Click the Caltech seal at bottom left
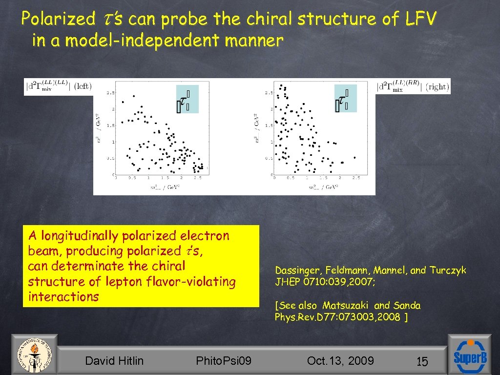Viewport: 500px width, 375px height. coord(33,355)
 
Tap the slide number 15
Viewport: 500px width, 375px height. coord(422,362)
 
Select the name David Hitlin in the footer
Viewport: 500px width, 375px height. coord(114,361)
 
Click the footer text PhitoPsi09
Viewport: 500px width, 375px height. coord(224,361)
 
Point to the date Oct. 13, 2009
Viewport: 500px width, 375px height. coord(340,361)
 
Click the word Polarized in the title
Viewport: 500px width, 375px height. coord(59,19)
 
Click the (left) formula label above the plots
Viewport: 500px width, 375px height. coord(58,87)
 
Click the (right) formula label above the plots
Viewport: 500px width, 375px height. coord(414,86)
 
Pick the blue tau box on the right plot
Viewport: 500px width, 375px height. coord(345,99)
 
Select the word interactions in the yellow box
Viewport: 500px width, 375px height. coord(63,297)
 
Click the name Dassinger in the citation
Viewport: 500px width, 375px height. coord(296,271)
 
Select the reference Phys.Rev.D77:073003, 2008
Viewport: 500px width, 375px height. coord(338,317)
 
